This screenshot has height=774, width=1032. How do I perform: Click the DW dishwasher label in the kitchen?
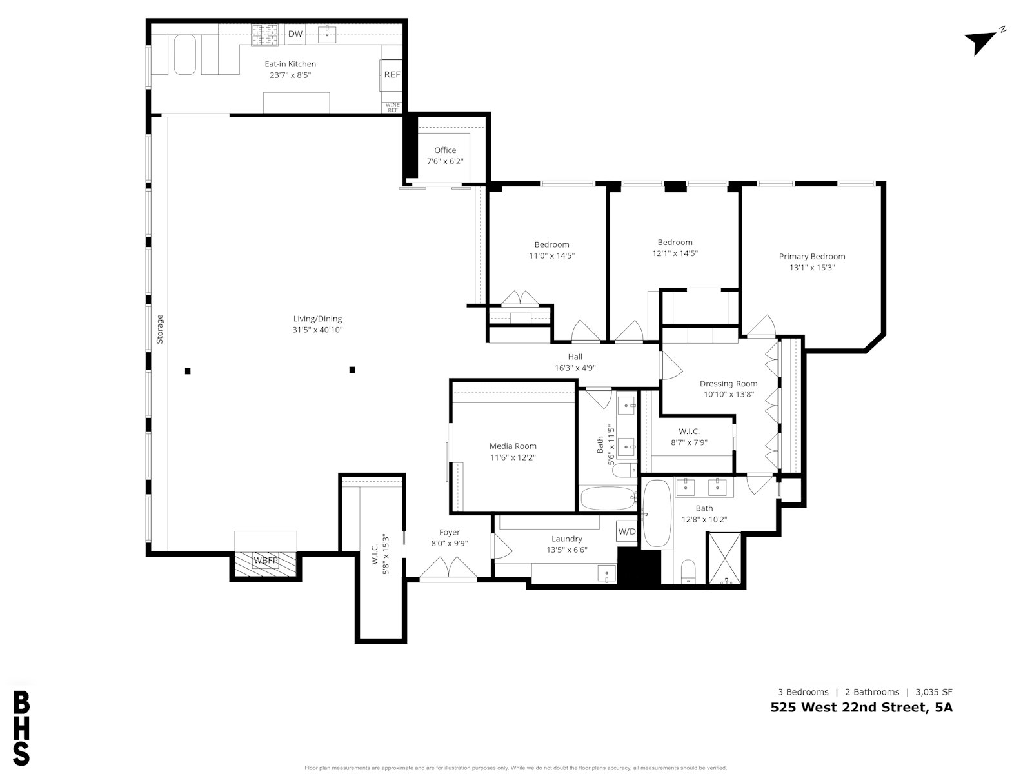(295, 34)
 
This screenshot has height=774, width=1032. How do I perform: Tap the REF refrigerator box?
(391, 75)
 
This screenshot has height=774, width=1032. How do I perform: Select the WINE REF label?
(393, 108)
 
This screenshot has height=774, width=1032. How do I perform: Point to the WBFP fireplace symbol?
(266, 561)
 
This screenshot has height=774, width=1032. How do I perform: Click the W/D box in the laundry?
(627, 531)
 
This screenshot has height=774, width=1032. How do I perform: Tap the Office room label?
(445, 150)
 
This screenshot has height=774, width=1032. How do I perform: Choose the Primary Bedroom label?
(812, 257)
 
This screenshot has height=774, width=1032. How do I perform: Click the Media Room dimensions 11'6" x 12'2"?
(513, 457)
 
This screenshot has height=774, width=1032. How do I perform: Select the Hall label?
(575, 357)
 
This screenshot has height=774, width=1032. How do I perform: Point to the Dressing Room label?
(728, 384)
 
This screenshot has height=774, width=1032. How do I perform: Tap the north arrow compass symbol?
(984, 43)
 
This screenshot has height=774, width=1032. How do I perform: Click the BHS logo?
(21, 728)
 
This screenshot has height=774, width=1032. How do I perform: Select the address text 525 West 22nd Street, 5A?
(861, 708)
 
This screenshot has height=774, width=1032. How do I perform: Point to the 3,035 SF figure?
(934, 691)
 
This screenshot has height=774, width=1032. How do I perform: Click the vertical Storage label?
(160, 329)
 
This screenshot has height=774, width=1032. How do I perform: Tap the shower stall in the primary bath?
(724, 558)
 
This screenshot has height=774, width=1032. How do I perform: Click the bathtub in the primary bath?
(657, 513)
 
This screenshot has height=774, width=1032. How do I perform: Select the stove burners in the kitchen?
(264, 35)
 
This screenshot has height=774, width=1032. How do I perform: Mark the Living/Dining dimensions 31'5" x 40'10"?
(317, 330)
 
